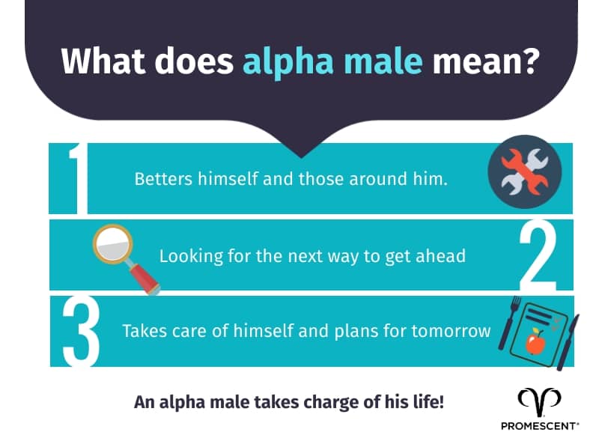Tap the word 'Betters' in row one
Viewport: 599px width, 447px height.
(159, 180)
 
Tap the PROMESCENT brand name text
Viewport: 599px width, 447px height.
(539, 426)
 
